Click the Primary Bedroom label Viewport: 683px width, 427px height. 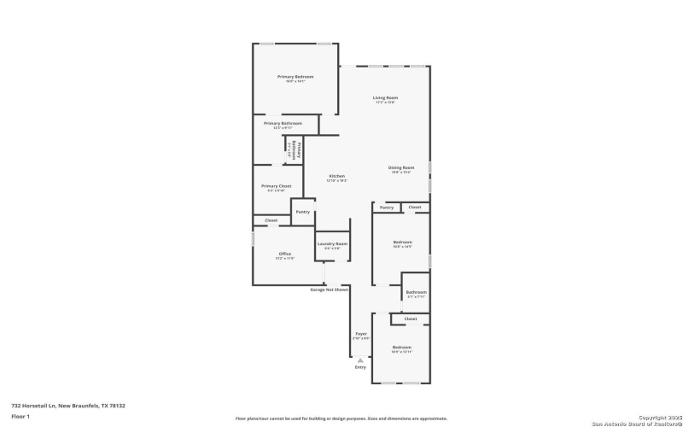point(291,77)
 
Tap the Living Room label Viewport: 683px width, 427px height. point(386,98)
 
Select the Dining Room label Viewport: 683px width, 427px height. point(401,167)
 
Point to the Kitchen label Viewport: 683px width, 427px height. point(337,176)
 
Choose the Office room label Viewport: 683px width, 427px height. point(285,254)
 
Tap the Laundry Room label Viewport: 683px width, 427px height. point(332,244)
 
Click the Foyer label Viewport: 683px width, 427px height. point(361,333)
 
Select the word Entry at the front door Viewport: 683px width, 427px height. point(360,367)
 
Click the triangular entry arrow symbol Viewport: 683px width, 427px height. point(360,360)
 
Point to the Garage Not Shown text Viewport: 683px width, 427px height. point(329,290)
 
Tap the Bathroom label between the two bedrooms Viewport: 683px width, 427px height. point(416,292)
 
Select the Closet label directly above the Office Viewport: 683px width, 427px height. point(271,220)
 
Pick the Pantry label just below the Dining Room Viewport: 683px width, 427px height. point(386,207)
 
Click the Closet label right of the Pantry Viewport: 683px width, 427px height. point(414,207)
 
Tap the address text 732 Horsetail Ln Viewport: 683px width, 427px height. point(56,406)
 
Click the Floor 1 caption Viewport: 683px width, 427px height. point(20,416)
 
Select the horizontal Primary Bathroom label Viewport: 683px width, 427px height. point(283,123)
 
